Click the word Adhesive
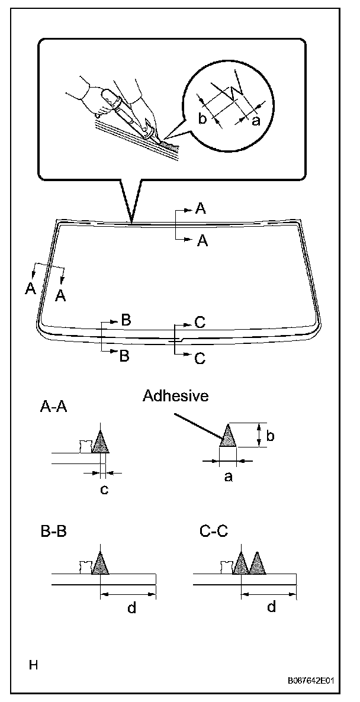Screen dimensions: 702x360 point(175,396)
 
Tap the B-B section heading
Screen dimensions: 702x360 point(53,530)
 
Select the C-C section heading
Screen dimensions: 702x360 point(212,530)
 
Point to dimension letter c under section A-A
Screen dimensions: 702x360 point(104,489)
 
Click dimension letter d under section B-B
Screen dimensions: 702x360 point(131,607)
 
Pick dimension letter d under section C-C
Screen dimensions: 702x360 point(271,607)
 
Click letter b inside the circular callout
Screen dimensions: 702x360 point(202,118)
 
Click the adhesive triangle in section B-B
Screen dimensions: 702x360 point(102,563)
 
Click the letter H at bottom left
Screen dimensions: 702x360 point(34,665)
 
